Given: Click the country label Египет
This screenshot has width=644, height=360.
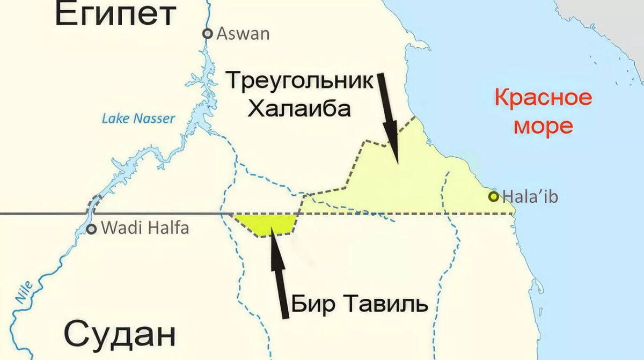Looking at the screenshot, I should (115, 14).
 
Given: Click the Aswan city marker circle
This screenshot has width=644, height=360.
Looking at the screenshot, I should (208, 34).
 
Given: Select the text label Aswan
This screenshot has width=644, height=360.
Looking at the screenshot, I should (243, 34).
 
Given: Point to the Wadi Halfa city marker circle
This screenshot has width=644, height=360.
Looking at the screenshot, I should (92, 229).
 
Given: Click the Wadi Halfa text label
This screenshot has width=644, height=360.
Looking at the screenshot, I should (145, 229).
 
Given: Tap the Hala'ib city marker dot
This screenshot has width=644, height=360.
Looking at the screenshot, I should (493, 196).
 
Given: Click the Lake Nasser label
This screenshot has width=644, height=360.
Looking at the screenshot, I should (138, 119).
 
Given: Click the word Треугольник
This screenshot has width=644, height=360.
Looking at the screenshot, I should (299, 82).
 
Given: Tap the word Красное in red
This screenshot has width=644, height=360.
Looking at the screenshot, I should (543, 98).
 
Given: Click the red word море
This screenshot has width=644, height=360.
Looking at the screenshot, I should (543, 127).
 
